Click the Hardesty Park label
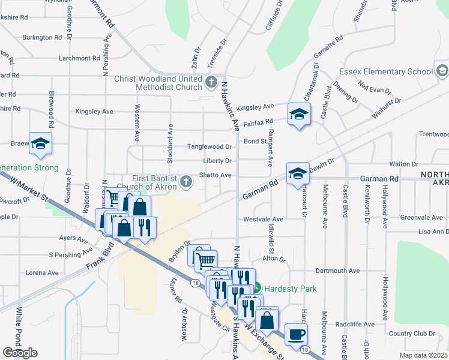(x=291, y=289)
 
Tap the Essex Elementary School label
(x=385, y=71)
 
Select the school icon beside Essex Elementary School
(x=442, y=71)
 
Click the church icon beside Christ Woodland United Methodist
(x=211, y=82)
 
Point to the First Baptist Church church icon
(x=187, y=180)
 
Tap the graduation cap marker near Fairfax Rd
(x=299, y=113)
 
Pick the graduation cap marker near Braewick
(x=40, y=142)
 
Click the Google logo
(x=20, y=353)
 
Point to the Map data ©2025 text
(x=423, y=355)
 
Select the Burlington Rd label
(x=42, y=37)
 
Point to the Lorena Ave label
(x=42, y=272)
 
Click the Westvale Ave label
(x=262, y=220)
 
